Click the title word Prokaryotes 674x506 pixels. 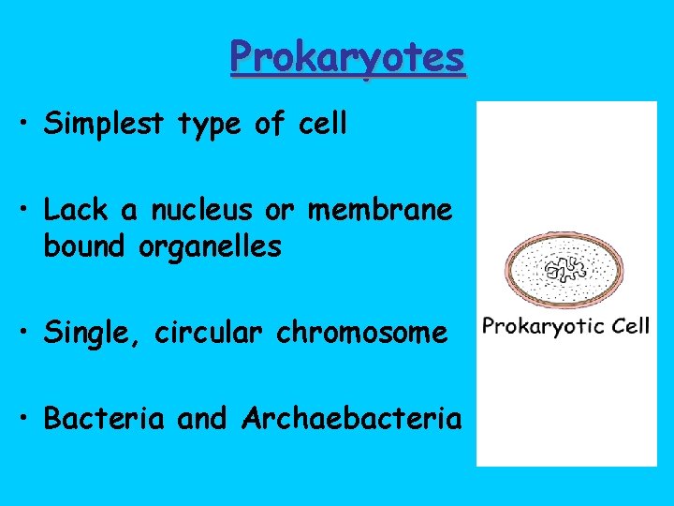click(347, 57)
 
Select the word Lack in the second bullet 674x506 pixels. click(74, 211)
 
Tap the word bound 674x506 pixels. click(85, 247)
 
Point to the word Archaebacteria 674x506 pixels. click(351, 418)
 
